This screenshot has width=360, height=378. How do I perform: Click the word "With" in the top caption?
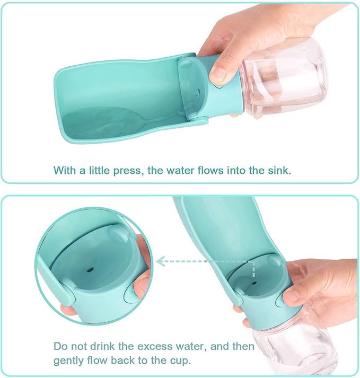pyautogui.click(x=65, y=170)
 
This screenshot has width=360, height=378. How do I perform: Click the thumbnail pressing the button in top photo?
pyautogui.click(x=218, y=73)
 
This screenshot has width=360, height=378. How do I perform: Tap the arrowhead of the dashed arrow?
pyautogui.click(x=160, y=261)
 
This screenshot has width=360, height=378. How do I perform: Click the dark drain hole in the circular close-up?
pyautogui.click(x=91, y=269)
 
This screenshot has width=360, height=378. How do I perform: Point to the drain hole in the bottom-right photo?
pyautogui.click(x=253, y=283)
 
